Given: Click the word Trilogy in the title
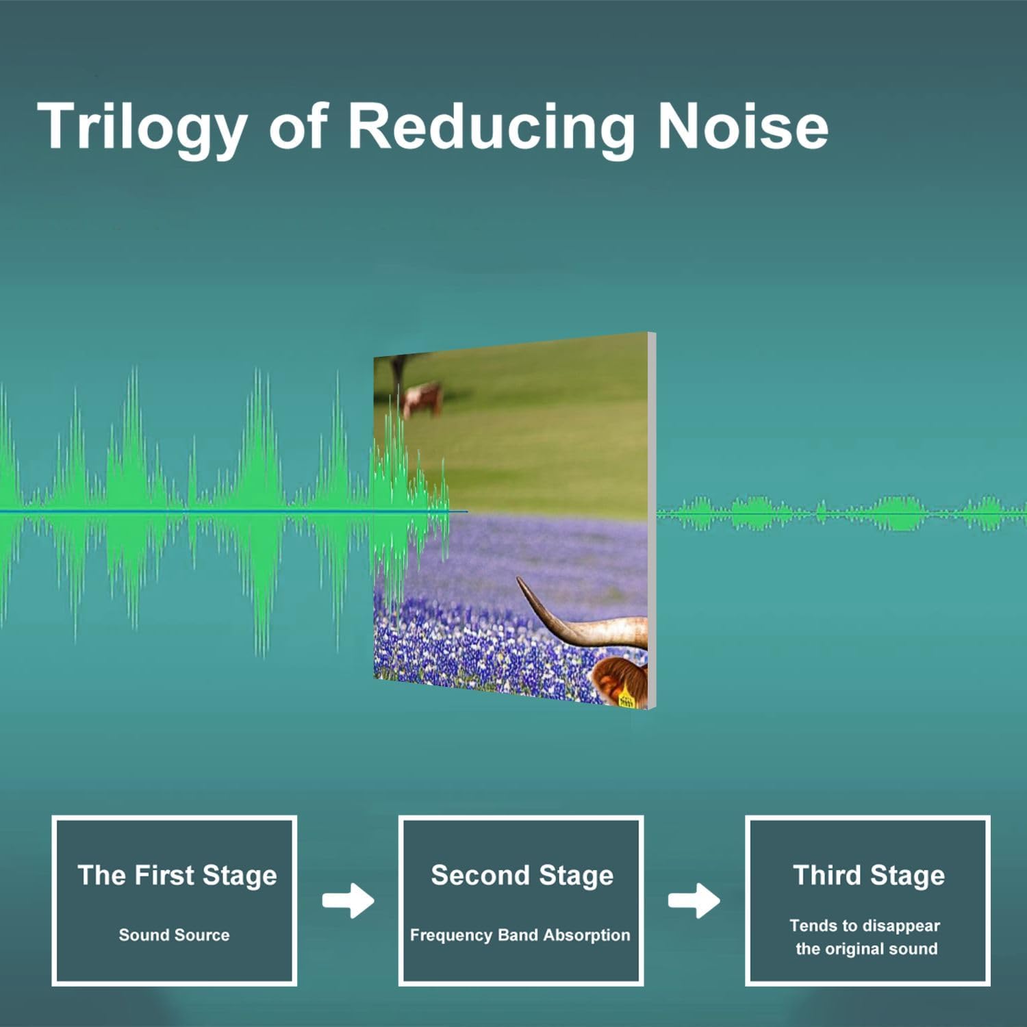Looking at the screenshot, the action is [142, 127].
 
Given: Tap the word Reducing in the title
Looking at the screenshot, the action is [491, 127].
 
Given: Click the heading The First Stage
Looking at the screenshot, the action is [177, 876].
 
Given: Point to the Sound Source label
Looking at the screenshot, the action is [174, 935].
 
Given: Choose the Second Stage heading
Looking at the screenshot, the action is [522, 876].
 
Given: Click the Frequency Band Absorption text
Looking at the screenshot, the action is [520, 935].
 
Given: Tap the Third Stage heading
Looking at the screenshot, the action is [869, 876].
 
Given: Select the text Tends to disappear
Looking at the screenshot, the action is [865, 926].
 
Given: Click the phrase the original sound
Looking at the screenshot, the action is [866, 949].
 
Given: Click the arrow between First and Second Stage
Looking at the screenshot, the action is [348, 900].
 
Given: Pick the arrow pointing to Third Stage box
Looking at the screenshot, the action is [694, 900].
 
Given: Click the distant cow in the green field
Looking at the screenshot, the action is [422, 399].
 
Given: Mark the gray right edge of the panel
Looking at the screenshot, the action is [652, 520].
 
